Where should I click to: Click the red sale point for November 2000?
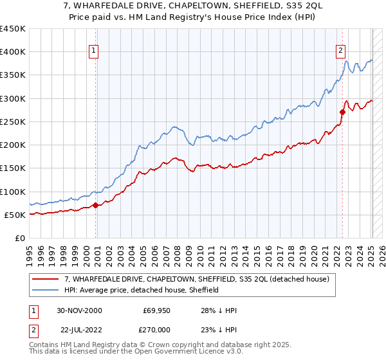(x=96, y=206)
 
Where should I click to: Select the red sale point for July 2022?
(x=342, y=112)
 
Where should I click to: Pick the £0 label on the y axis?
(x=19, y=238)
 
